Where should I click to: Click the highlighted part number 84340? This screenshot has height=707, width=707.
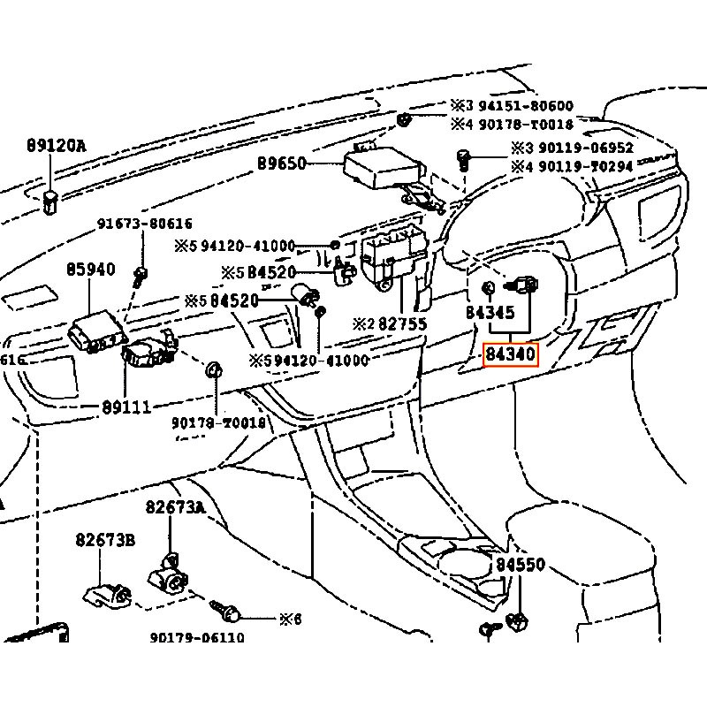click(510, 355)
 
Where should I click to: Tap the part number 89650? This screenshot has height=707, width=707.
click(281, 163)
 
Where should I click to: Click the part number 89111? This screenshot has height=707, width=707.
click(125, 407)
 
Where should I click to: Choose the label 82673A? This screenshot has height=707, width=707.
click(175, 507)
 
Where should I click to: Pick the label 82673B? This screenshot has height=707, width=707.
click(104, 540)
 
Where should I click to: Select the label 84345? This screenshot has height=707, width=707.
click(490, 313)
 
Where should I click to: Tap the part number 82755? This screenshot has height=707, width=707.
click(402, 324)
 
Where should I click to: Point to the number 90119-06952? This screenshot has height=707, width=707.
click(584, 148)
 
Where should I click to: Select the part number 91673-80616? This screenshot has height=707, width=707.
click(144, 224)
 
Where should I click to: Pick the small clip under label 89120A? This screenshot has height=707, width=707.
click(50, 201)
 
